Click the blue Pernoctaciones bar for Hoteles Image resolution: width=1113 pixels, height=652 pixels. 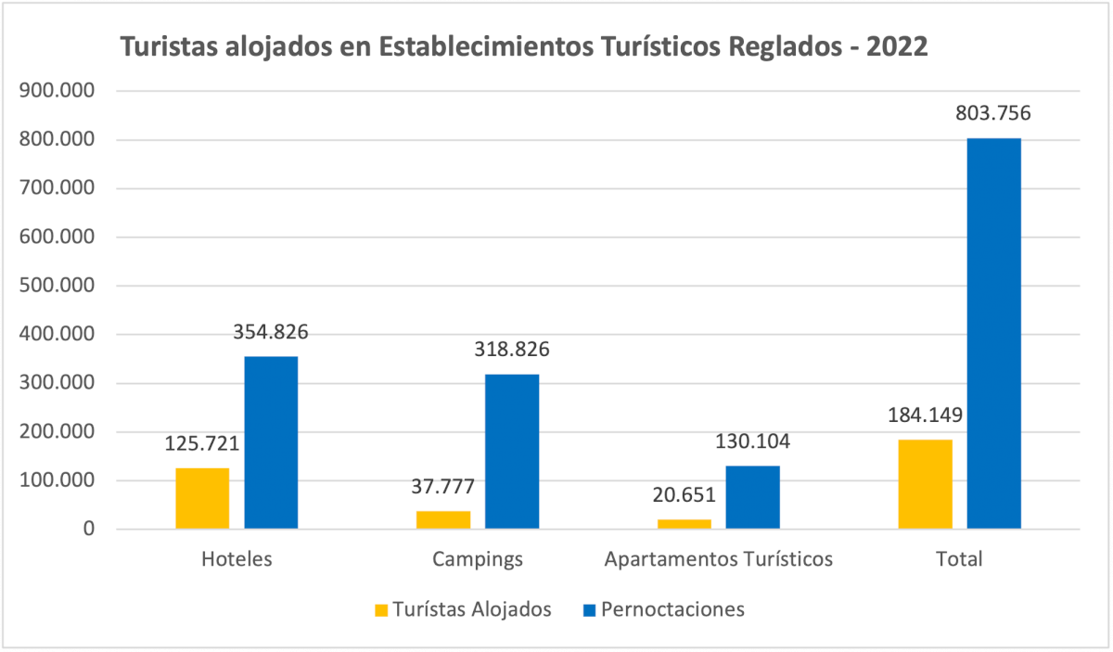pos(271,442)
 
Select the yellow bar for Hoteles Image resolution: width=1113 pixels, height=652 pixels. pos(202,498)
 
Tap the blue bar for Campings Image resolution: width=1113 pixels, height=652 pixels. pos(512,451)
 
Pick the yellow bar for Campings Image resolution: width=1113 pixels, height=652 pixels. pos(443,519)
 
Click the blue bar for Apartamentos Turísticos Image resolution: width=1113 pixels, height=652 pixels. pos(752,497)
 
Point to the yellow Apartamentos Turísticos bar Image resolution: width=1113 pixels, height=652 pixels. pos(684,524)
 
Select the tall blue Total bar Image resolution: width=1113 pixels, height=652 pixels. pos(993,334)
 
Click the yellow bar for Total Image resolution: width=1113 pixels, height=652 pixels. pos(925,484)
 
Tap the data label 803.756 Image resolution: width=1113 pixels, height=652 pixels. pos(993,114)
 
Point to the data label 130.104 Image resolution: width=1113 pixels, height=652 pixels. pos(752,441)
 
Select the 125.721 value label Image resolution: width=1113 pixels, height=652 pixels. pos(202,444)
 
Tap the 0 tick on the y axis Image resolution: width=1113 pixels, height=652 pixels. pos(88,530)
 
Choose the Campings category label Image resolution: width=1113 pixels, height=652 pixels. pos(478,559)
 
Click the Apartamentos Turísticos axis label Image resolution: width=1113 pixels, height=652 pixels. pos(718,559)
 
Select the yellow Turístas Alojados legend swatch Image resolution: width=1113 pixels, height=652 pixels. pos(381,610)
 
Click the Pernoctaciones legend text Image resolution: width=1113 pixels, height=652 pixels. pos(672,609)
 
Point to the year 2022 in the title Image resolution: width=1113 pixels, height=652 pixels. pos(896,47)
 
